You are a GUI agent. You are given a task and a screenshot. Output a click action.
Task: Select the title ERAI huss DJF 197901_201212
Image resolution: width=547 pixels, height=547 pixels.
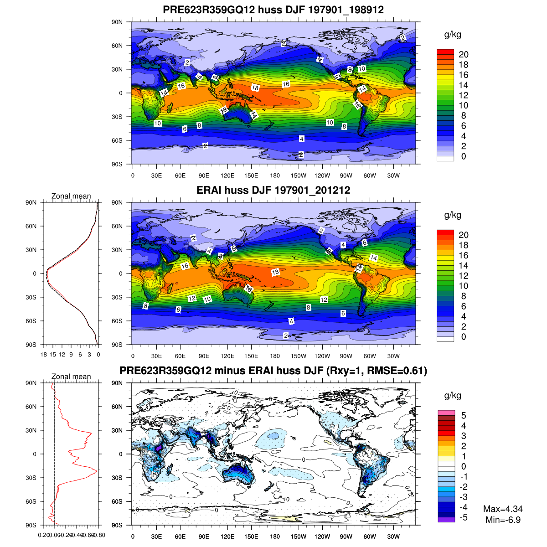tap(273, 190)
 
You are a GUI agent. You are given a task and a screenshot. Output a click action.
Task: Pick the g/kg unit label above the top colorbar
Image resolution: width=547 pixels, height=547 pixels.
tap(453, 35)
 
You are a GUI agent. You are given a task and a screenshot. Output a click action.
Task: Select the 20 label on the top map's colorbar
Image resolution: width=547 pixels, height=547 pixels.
tap(464, 54)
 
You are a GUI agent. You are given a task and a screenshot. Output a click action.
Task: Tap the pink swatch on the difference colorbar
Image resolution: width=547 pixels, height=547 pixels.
tap(446, 413)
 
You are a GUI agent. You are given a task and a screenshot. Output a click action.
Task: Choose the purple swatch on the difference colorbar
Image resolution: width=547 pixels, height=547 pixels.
tap(446, 519)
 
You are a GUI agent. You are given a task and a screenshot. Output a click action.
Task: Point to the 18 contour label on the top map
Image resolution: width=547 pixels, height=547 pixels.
tap(255, 88)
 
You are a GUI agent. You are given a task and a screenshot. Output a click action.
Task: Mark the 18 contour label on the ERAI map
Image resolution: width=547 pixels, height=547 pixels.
tap(275, 272)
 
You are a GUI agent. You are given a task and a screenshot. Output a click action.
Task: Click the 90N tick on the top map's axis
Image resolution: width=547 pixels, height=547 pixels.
tap(118, 22)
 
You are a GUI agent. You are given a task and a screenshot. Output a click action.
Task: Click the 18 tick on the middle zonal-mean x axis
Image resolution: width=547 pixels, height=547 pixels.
tap(44, 354)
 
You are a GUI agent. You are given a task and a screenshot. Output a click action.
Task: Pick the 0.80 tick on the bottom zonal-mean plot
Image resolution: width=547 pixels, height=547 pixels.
tap(99, 535)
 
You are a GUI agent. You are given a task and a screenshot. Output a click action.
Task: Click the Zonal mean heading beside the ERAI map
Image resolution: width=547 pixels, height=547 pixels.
tap(71, 196)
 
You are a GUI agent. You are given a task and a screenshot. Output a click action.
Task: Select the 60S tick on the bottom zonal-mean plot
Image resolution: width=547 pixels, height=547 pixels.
tap(31, 501)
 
